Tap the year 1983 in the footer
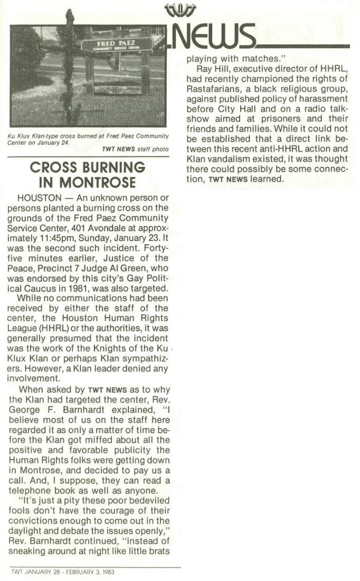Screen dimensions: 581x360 pyautogui.click(x=108, y=571)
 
